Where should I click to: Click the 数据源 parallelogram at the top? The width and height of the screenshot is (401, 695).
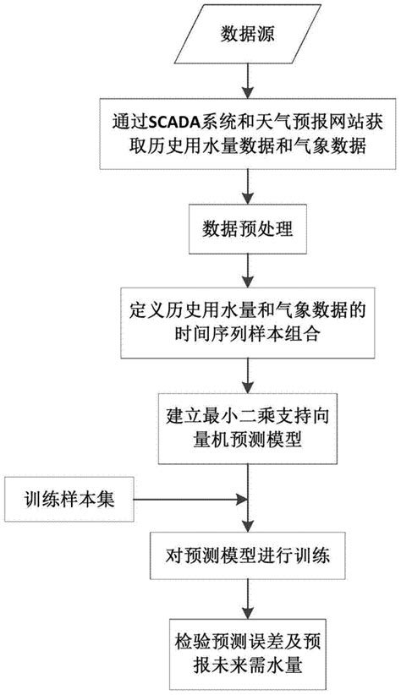click(x=246, y=34)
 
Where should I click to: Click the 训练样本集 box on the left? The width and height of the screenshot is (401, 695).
click(x=67, y=497)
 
